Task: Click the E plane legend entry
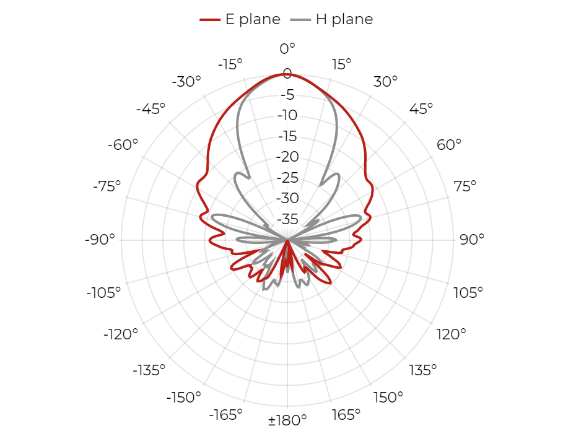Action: tap(240, 19)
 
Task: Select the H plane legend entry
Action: tap(331, 19)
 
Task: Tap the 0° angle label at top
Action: tap(287, 48)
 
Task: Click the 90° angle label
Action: tap(472, 240)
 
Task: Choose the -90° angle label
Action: tap(100, 240)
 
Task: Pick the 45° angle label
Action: tap(421, 109)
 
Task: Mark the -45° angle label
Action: tap(151, 109)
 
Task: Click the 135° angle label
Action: tap(423, 370)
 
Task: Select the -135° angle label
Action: tap(149, 370)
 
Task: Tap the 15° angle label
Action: tap(342, 64)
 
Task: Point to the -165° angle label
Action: tap(226, 415)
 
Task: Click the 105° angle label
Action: tap(468, 293)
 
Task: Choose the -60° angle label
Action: tap(123, 145)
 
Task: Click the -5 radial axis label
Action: tap(287, 95)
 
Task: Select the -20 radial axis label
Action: tap(287, 157)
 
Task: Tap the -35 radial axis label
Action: tap(287, 219)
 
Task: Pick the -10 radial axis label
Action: tap(287, 115)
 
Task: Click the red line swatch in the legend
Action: tap(210, 20)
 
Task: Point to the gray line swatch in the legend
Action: tap(300, 20)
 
